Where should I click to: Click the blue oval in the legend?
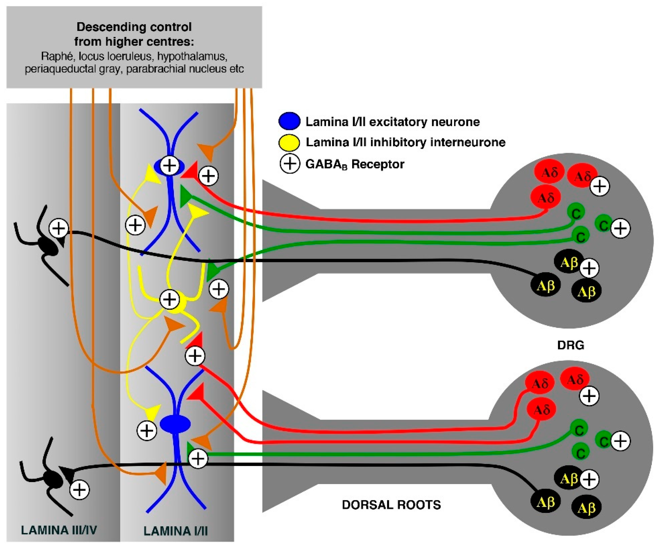289,121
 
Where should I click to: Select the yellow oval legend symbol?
289,143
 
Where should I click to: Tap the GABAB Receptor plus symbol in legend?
289,164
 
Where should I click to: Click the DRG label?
570,345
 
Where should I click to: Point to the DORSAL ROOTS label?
391,505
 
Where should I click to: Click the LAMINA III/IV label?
59,530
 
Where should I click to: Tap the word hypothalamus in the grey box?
192,57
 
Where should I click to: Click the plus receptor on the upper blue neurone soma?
170,165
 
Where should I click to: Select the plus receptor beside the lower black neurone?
79,489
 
